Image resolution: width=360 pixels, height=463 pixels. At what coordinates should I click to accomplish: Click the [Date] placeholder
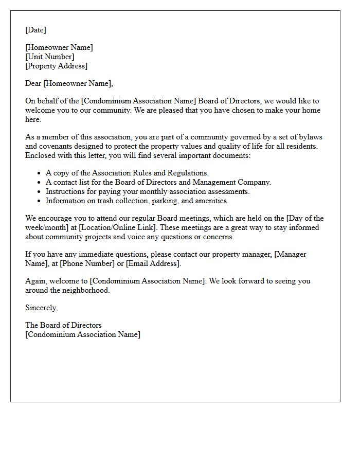[35, 30]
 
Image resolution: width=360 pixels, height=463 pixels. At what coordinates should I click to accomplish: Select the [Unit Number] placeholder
[50, 57]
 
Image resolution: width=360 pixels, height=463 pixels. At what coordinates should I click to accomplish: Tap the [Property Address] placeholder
[57, 66]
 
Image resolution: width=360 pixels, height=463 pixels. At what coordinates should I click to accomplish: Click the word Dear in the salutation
[33, 83]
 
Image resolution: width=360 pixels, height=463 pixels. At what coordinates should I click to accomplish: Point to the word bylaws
[310, 137]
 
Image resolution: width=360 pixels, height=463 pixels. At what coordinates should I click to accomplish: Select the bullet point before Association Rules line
[40, 173]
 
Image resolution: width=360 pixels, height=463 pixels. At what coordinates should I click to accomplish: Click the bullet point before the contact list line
[40, 183]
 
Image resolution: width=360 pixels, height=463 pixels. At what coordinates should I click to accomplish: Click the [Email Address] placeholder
[153, 263]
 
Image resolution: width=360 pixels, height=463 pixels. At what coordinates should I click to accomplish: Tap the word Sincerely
[42, 308]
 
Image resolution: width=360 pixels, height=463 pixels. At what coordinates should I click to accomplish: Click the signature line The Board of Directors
[63, 325]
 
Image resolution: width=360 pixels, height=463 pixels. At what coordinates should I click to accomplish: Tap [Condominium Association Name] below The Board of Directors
[82, 334]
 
